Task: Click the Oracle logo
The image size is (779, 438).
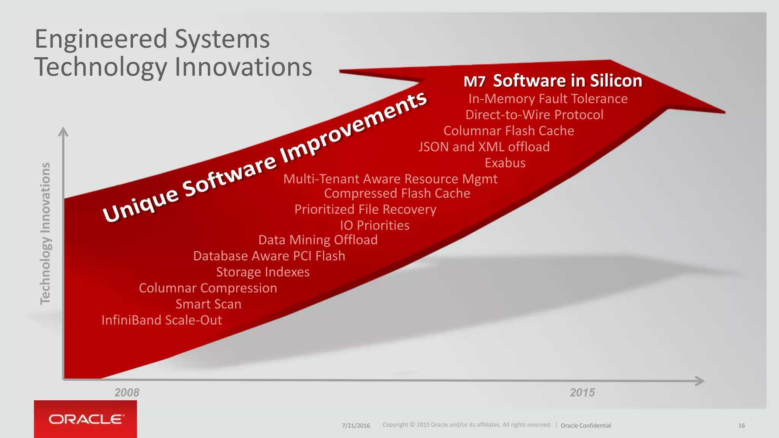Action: click(x=86, y=419)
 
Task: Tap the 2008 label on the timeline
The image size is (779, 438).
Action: click(x=127, y=392)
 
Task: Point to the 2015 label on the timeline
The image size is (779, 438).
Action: click(x=582, y=392)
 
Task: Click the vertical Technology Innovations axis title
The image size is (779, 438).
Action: click(x=46, y=233)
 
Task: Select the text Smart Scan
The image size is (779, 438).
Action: click(x=208, y=304)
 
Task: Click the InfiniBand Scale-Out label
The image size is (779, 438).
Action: click(x=162, y=320)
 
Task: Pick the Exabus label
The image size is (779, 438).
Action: click(x=505, y=163)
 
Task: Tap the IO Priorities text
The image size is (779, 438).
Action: click(x=375, y=225)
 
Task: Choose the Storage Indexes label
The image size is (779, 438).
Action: click(x=262, y=272)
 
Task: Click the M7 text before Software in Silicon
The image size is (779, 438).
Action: click(x=474, y=81)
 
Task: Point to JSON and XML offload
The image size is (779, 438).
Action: click(x=484, y=147)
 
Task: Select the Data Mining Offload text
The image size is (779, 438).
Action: click(x=318, y=240)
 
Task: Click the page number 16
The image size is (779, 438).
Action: click(x=741, y=425)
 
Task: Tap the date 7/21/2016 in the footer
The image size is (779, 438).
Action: click(x=356, y=425)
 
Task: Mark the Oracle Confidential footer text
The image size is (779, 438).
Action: click(x=586, y=425)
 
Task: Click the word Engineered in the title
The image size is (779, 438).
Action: click(x=101, y=39)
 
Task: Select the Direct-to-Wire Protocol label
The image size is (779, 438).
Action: click(x=534, y=115)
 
